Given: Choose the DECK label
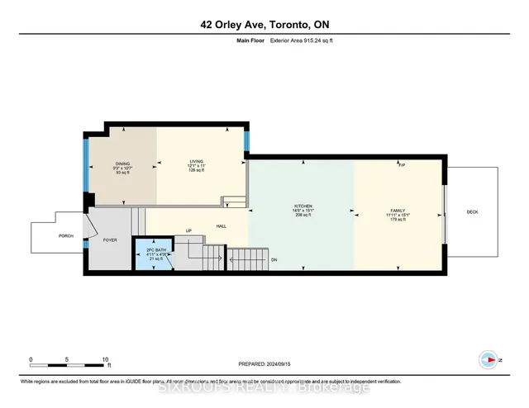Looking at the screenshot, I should (472, 212).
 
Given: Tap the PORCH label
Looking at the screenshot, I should (65, 236).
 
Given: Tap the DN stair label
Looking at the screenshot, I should (274, 258).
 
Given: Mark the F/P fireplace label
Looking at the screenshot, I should (401, 165).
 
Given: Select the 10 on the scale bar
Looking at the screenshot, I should (106, 359).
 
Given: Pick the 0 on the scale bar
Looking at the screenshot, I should (31, 359).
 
